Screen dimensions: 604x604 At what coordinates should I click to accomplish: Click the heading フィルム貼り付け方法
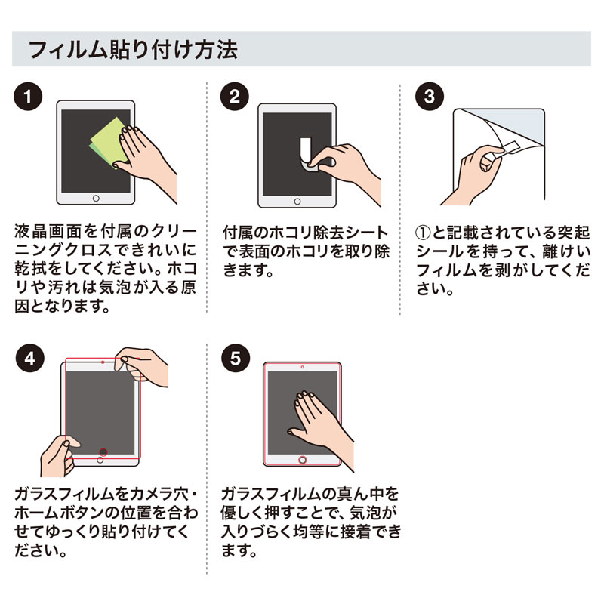point(132,50)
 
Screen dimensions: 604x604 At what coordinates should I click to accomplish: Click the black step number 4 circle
point(28,357)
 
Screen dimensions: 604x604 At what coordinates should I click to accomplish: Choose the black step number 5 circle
point(235,357)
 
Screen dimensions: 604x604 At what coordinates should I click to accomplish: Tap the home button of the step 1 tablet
point(96,199)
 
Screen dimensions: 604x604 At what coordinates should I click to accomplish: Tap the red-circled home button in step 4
point(103,453)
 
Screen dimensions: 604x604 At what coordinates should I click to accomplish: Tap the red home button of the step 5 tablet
point(303,459)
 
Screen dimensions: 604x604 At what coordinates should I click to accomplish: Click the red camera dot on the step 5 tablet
point(303,366)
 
